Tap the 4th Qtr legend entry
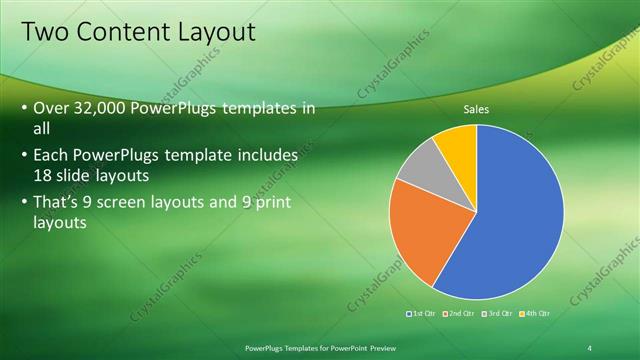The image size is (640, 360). point(535,314)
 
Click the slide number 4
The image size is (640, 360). point(590,347)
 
